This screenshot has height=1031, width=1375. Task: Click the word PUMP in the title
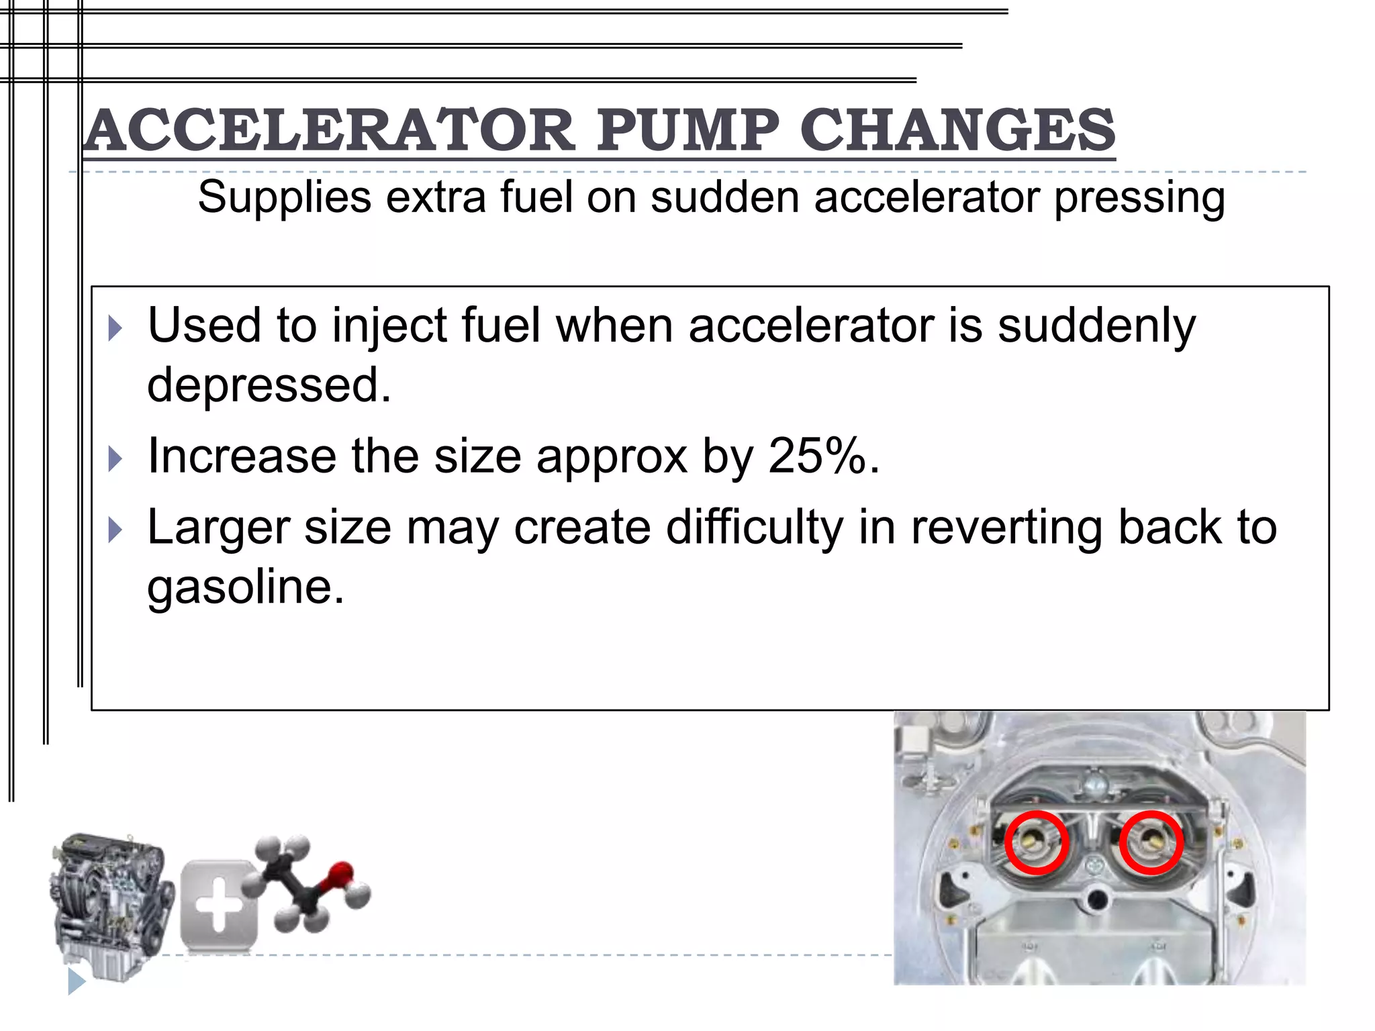coord(687,130)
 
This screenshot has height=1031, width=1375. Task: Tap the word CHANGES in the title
coord(957,130)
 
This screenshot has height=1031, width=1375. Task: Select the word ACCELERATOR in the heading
coord(329,130)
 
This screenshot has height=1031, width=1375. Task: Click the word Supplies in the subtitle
coord(285,197)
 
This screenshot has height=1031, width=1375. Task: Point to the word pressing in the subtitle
coord(1139,199)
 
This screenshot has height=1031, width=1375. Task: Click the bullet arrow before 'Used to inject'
coord(115,329)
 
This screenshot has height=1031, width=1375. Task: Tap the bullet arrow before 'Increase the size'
coord(115,459)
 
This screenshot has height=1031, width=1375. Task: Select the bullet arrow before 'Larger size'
coord(115,530)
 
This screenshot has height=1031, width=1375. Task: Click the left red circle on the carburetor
coord(1037,842)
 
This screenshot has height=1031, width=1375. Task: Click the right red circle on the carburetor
coord(1151,842)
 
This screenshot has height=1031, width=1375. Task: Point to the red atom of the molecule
coord(340,874)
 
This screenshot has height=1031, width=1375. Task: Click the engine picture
coord(111,906)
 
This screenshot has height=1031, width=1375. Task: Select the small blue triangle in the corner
coord(76,982)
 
